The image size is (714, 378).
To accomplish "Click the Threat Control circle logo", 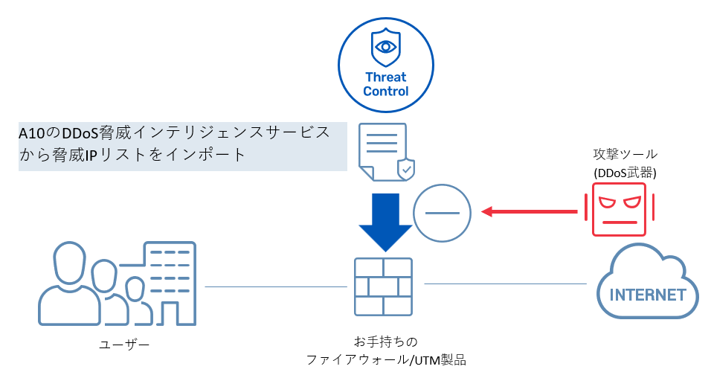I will click(386, 65).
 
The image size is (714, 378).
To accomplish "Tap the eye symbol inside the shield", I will click(386, 46).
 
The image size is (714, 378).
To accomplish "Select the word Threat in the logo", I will click(386, 77).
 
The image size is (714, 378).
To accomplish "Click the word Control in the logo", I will click(386, 92).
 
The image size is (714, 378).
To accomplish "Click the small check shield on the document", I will click(405, 169).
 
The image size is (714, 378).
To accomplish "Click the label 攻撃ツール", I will click(625, 154).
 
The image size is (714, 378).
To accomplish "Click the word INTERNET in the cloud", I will click(647, 295).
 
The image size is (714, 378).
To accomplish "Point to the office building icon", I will click(169, 283).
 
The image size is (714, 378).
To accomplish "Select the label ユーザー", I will click(124, 344).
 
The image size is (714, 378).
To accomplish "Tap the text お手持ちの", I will click(386, 342).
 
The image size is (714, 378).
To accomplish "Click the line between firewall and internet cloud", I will click(506, 283).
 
